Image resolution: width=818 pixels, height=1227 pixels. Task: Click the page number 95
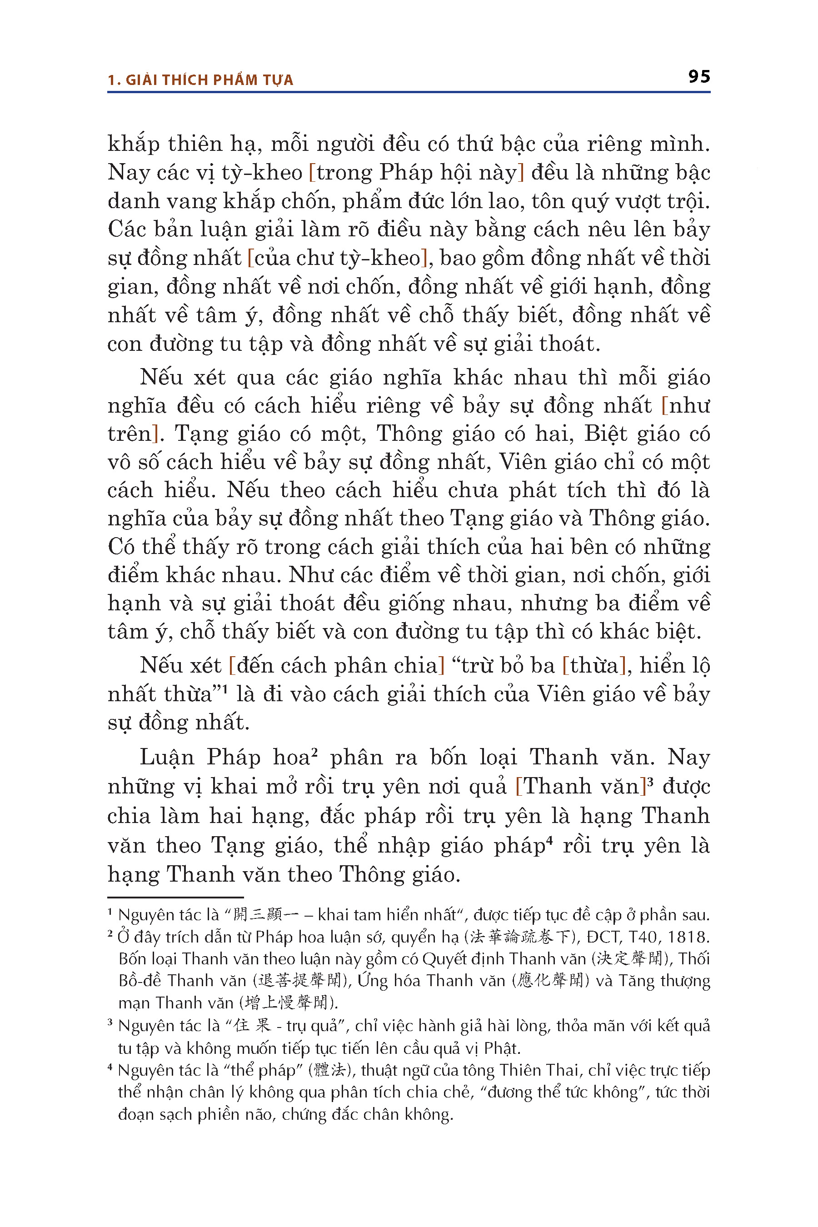pos(698,77)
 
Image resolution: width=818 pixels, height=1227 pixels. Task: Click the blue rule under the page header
pos(409,92)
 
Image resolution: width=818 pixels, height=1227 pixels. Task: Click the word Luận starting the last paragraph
pos(166,758)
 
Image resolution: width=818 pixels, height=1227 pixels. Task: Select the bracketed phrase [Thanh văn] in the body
pos(581,787)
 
